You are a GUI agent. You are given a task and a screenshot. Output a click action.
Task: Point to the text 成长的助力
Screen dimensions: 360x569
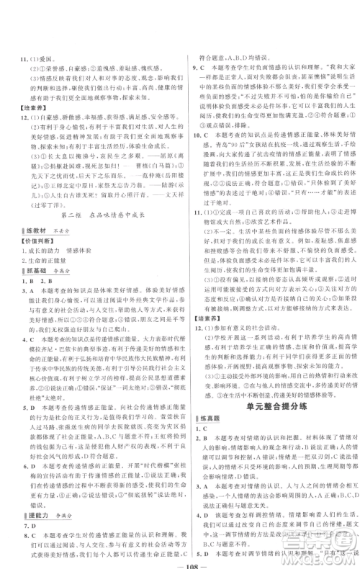(35, 251)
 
